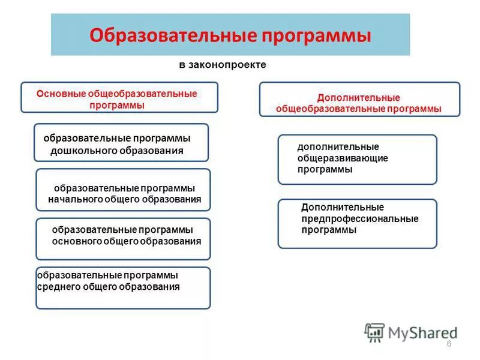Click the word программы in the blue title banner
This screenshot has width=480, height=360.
317,35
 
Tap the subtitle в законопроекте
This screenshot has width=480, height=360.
222,64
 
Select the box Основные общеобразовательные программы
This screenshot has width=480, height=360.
119,98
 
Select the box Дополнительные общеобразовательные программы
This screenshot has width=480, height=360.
359,100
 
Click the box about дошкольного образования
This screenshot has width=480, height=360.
121,143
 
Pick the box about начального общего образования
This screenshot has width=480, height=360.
123,190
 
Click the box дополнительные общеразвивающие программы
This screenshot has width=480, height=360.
357,159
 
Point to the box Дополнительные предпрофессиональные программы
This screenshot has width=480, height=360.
357,224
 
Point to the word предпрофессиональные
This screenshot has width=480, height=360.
360,219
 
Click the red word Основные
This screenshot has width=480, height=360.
61,94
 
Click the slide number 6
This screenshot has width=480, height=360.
449,343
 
